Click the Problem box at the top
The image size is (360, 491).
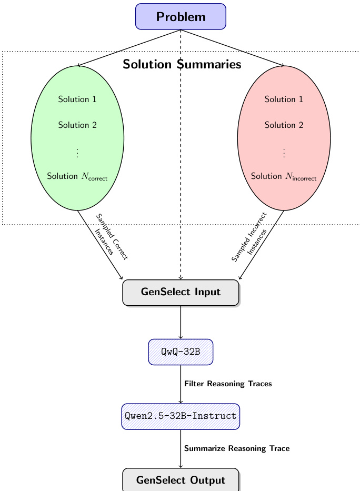coord(181,17)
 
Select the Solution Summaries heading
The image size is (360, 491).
coord(182,65)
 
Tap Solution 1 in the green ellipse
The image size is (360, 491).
coord(77,99)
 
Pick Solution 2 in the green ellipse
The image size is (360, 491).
coord(77,125)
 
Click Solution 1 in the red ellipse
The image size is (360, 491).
coord(284,99)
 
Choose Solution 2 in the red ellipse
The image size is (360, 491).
coord(284,125)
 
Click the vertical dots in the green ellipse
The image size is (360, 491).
coord(77,153)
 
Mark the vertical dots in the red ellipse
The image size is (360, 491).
coord(284,153)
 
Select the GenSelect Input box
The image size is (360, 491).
coord(181,293)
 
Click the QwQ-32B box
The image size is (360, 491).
coord(181,352)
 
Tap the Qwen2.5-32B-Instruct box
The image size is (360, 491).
coord(181,416)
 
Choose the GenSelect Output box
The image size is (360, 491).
coord(181,480)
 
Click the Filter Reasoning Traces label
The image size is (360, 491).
coord(228,384)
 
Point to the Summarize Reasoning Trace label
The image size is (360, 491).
coord(237,449)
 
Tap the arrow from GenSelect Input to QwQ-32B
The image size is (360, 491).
coord(181,322)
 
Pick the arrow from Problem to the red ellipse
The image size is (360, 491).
coord(234,48)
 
